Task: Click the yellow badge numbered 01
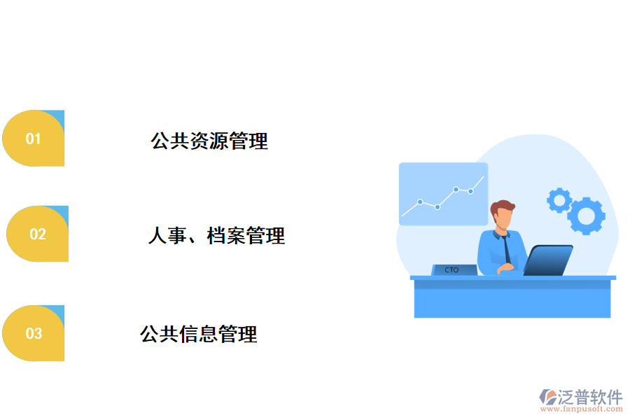pos(33,139)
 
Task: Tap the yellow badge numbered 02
pos(37,234)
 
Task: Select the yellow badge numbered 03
pos(34,333)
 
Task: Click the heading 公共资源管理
pos(209,141)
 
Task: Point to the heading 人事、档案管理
pos(216,236)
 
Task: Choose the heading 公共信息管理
pos(199,334)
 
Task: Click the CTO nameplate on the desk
pos(452,269)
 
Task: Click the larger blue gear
pos(586,215)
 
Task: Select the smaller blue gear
pos(559,200)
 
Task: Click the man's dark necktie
pos(505,248)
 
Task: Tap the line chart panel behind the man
pos(443,194)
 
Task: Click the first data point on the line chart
pos(420,202)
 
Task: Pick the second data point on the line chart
pos(437,206)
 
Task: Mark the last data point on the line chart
pos(471,190)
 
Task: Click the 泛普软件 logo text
pos(589,397)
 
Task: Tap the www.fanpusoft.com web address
pos(585,409)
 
